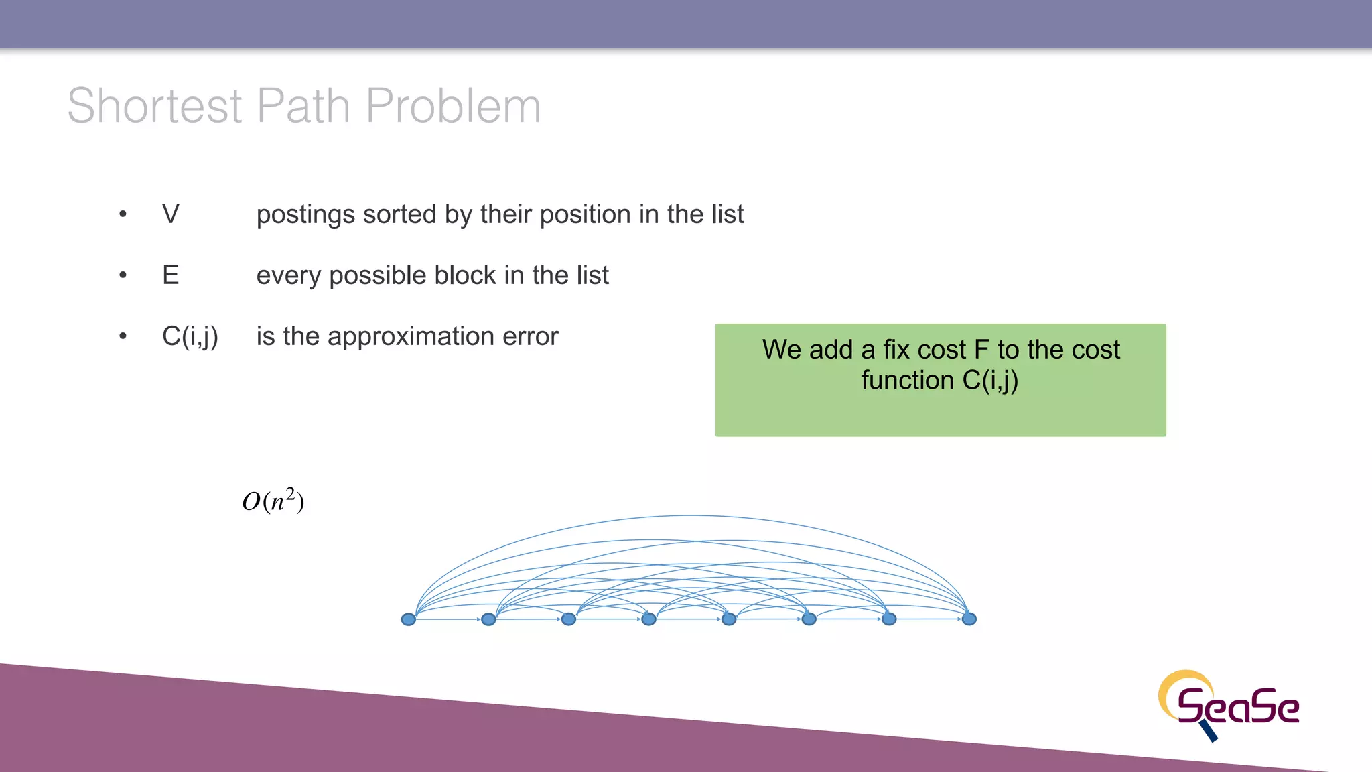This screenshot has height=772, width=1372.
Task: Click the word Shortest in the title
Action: (x=154, y=106)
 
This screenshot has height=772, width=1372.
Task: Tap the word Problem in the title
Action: (x=453, y=106)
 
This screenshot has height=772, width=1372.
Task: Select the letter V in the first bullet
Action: (x=171, y=214)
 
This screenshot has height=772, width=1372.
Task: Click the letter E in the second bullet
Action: (x=171, y=275)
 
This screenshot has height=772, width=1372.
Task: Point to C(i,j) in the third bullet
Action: (x=190, y=336)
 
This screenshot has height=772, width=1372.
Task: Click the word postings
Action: (x=305, y=215)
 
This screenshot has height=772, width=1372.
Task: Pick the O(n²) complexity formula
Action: (x=273, y=501)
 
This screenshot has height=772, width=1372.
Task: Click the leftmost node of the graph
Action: (x=408, y=619)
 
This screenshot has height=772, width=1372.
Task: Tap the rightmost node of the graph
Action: (x=969, y=619)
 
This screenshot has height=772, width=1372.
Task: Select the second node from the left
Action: (x=488, y=619)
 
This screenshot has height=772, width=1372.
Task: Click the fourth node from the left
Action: (x=648, y=619)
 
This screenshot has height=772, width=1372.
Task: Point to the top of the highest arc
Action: (x=690, y=515)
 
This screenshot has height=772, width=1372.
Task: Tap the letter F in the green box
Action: (x=981, y=350)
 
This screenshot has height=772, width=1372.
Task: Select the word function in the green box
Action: (x=907, y=381)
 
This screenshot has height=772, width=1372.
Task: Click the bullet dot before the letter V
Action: (x=123, y=214)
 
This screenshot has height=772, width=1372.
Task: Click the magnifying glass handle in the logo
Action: (x=1209, y=732)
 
